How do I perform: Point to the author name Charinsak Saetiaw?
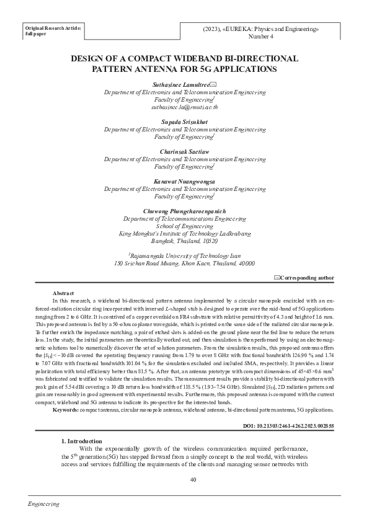tap(185, 151)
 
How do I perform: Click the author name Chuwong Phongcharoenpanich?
tap(185, 211)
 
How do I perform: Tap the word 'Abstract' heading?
tap(64, 293)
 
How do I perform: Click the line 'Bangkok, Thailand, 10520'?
tap(185, 242)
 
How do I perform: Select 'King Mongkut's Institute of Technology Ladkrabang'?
tap(185, 234)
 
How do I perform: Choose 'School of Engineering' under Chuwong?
tap(185, 226)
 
